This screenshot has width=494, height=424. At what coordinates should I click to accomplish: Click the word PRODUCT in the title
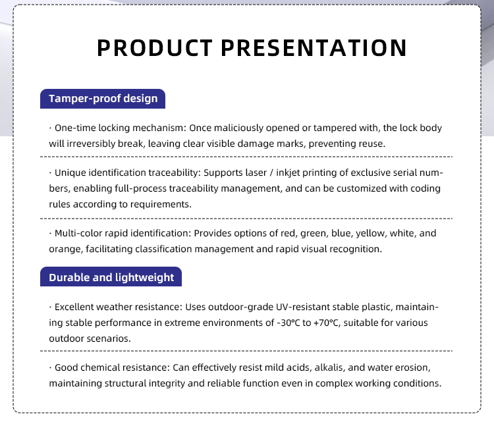(155, 48)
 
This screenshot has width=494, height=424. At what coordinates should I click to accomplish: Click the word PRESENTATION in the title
(314, 48)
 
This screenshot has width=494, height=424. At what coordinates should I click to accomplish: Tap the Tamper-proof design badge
(103, 99)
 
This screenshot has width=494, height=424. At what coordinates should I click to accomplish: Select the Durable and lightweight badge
(111, 277)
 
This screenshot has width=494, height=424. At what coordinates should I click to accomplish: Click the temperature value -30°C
(288, 323)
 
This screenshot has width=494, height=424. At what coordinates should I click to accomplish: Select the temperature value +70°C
(327, 323)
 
